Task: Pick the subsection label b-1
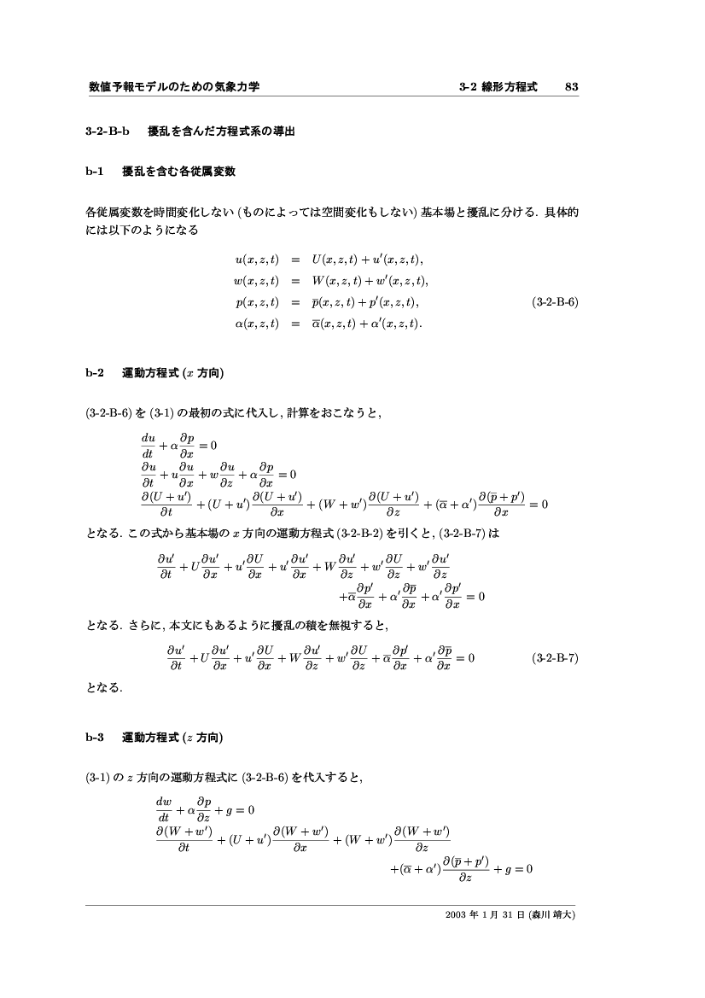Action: [95, 171]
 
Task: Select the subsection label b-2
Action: [95, 373]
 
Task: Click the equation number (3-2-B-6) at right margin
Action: [554, 301]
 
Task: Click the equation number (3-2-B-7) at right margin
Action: [554, 658]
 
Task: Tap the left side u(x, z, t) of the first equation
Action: [256, 259]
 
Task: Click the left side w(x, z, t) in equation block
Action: [256, 280]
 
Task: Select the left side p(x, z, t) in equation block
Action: [257, 301]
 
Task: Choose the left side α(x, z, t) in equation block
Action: [256, 323]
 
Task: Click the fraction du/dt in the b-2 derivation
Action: [148, 445]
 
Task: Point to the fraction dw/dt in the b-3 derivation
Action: [164, 808]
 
